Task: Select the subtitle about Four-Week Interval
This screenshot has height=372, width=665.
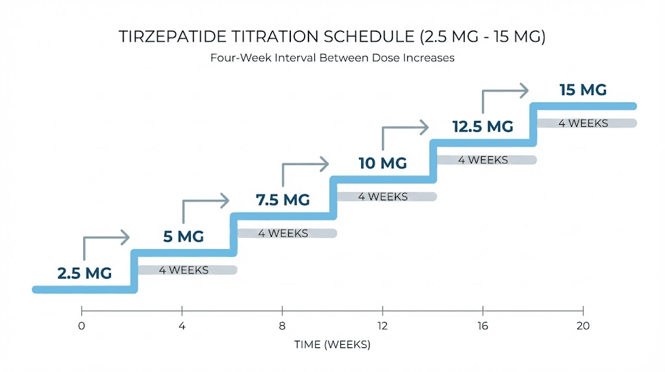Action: click(332, 58)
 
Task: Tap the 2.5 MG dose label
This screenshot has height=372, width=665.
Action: click(84, 273)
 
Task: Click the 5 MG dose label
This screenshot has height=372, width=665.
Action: click(183, 237)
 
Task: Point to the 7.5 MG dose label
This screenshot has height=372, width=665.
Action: click(283, 200)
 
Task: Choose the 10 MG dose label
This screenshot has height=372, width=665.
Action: click(383, 163)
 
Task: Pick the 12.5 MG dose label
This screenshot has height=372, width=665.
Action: click(483, 126)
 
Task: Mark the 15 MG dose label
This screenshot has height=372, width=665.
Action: click(583, 90)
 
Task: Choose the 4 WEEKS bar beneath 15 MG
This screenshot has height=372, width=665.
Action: click(587, 123)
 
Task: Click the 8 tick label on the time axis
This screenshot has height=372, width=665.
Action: click(282, 326)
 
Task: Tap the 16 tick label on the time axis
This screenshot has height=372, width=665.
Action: click(483, 326)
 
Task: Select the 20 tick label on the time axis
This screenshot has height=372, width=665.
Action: click(583, 326)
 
